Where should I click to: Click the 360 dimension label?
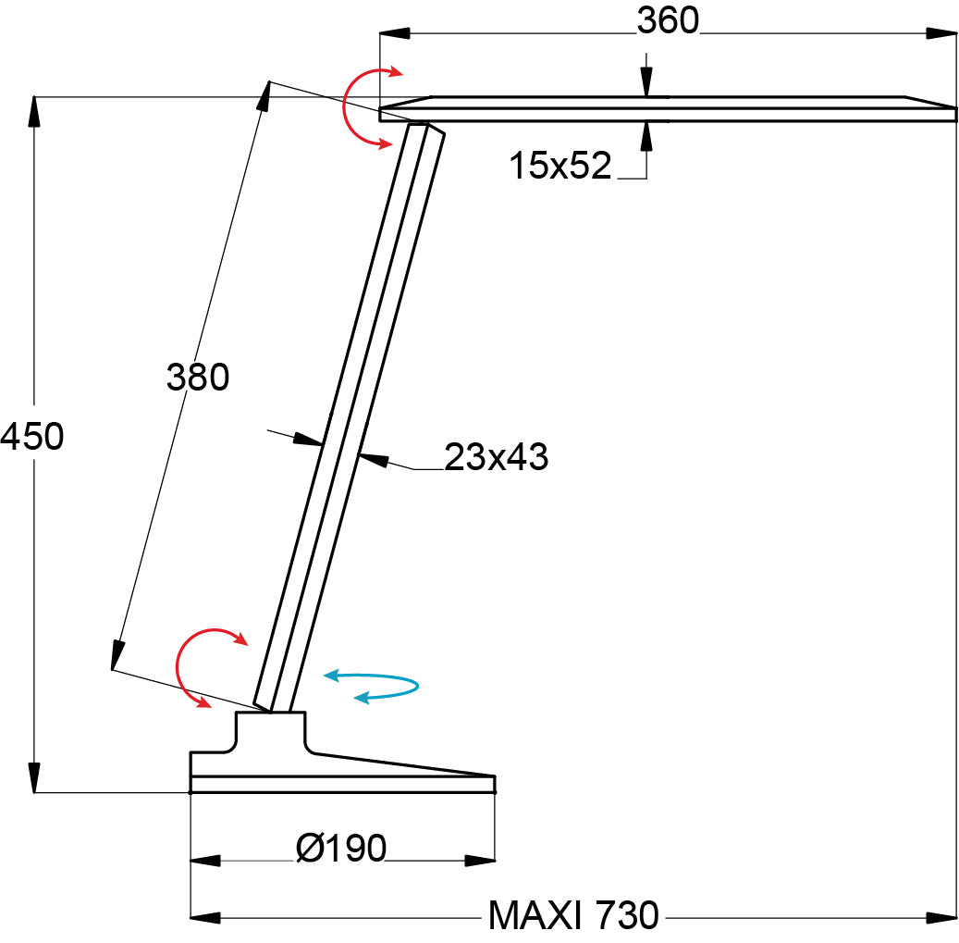[x=668, y=20]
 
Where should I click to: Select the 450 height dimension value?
[x=31, y=436]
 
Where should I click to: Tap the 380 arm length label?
[x=198, y=377]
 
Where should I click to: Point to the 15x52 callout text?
[x=560, y=166]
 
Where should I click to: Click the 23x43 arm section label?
[x=496, y=456]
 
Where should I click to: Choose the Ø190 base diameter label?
[x=340, y=849]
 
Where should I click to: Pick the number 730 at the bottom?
[x=628, y=915]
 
